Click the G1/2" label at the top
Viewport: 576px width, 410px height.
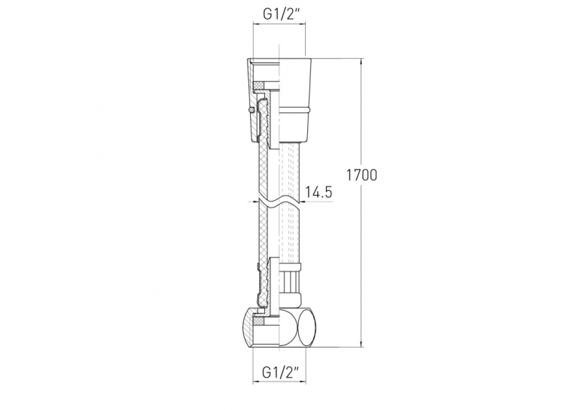point(279,14)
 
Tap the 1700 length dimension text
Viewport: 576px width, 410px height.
point(362,175)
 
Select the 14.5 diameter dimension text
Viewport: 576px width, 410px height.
point(318,192)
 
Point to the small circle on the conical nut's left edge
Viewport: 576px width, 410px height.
point(251,109)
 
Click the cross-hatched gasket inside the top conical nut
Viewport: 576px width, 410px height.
point(261,85)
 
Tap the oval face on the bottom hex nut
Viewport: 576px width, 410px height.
point(306,327)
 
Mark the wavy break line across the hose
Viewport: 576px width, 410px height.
point(279,201)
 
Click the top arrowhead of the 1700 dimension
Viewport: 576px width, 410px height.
point(362,62)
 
